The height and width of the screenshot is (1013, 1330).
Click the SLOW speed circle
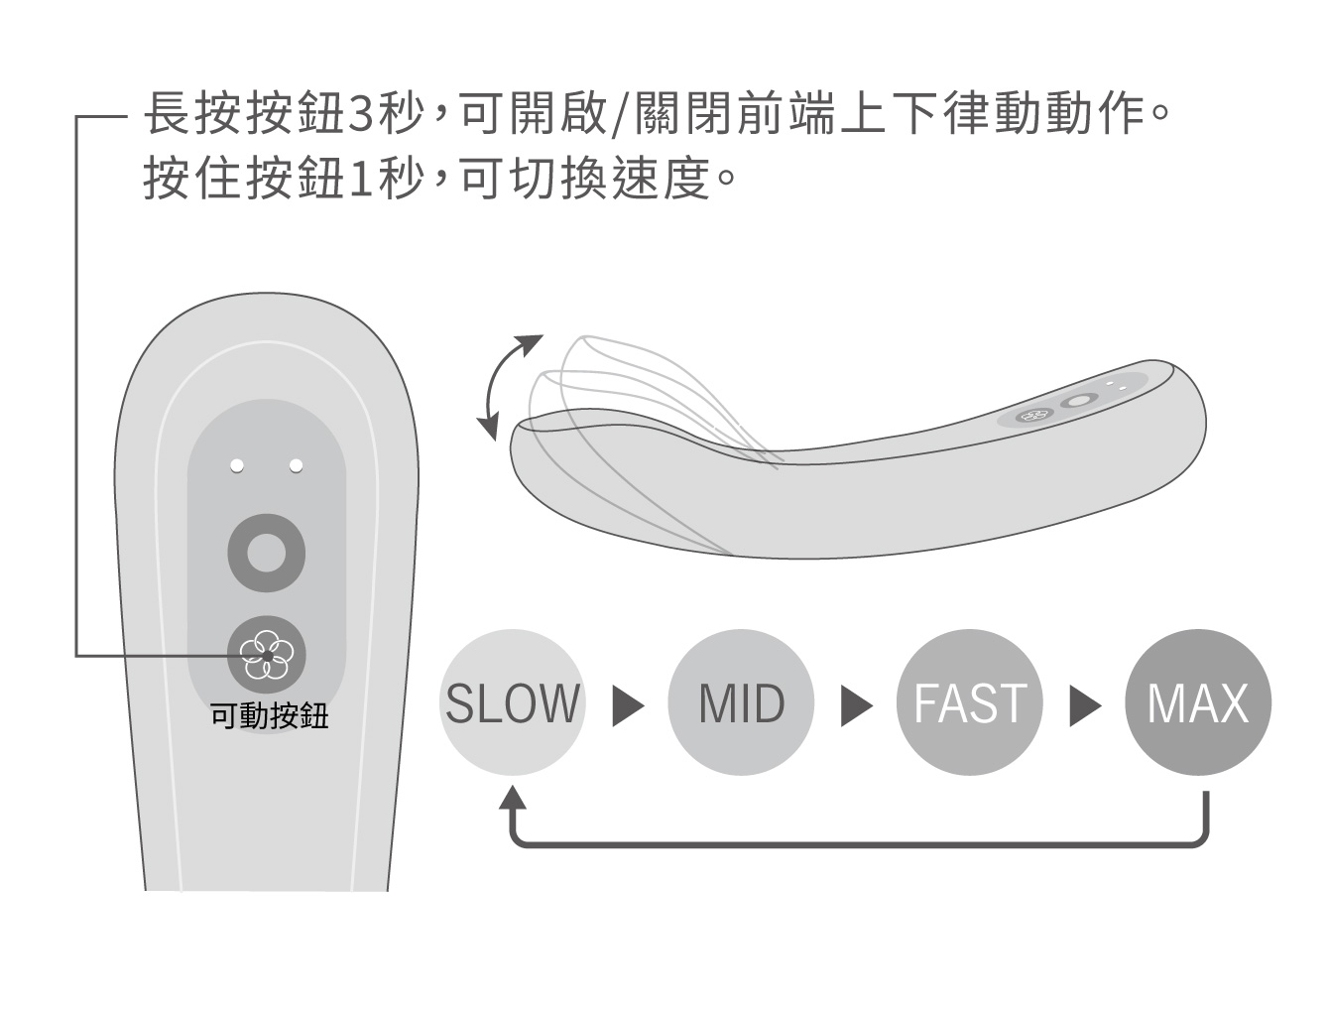point(512,702)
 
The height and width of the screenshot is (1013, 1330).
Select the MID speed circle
point(741,702)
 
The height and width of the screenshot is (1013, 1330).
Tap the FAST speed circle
point(969,702)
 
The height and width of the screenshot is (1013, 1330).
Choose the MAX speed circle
point(1197,702)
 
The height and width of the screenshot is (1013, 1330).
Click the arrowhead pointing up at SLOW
point(513,798)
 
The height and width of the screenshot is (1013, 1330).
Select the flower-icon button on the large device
point(267,654)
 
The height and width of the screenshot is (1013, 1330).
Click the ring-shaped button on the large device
point(266,552)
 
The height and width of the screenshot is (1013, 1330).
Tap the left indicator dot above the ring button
point(236,465)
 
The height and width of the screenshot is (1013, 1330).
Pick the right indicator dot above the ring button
point(296,465)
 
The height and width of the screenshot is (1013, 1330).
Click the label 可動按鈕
point(269,716)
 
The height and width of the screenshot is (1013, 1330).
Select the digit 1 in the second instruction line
point(361,180)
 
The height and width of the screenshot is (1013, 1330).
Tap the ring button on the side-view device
point(1076,402)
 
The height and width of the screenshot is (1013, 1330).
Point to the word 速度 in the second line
point(662,180)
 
